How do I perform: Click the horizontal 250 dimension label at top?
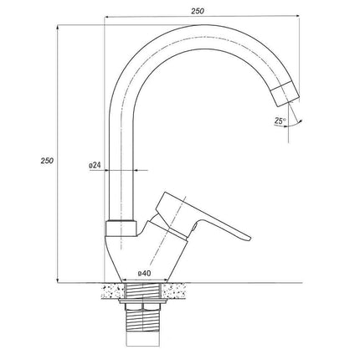[198, 11]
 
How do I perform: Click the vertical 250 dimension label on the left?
[47, 161]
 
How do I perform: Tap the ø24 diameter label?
[95, 166]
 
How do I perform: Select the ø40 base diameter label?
[144, 274]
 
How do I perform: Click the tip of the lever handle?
[250, 239]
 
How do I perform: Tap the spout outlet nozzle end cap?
[285, 93]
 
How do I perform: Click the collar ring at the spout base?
[121, 229]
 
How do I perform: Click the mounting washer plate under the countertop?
[142, 301]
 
